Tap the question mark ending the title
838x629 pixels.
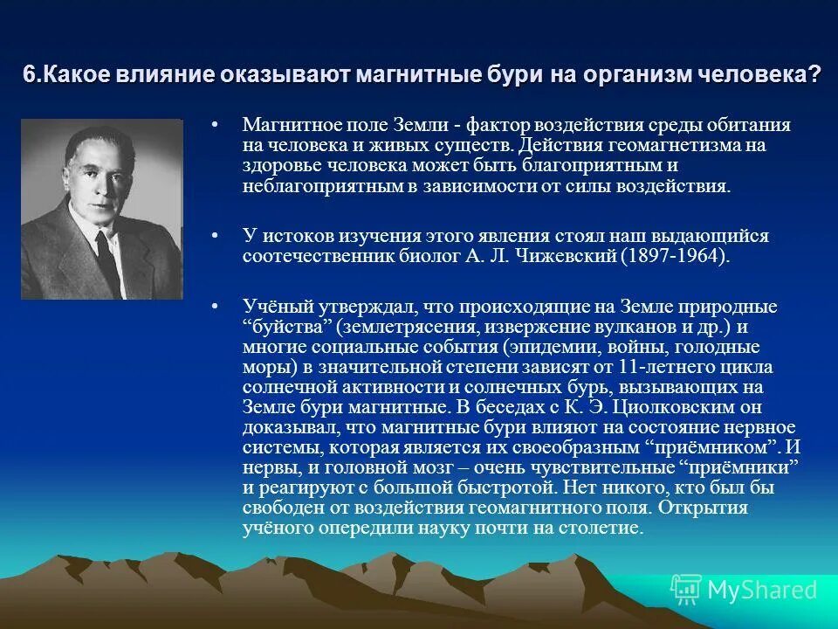click(815, 75)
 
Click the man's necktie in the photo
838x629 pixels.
click(107, 253)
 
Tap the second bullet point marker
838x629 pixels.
click(215, 237)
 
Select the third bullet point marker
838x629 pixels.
click(215, 307)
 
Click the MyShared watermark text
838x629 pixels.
click(761, 590)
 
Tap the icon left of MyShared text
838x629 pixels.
click(686, 590)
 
